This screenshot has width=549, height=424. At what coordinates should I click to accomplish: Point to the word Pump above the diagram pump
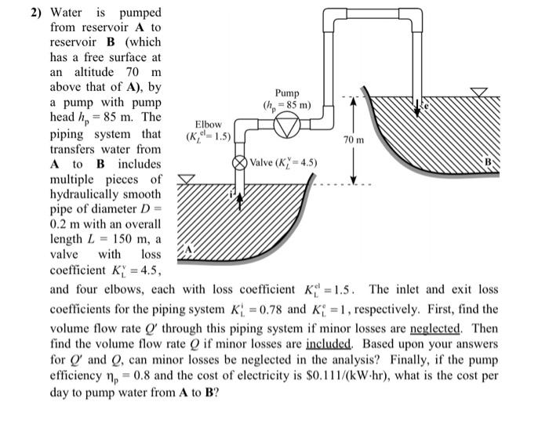pyautogui.click(x=287, y=92)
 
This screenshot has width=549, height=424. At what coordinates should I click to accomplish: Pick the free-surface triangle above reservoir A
pyautogui.click(x=184, y=179)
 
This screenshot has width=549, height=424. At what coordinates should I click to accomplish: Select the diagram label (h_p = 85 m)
pyautogui.click(x=288, y=106)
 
